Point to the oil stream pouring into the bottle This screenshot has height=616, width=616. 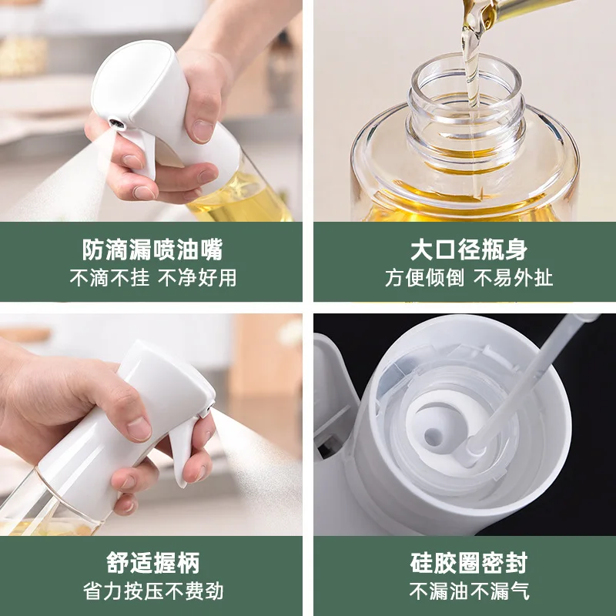point(470,69)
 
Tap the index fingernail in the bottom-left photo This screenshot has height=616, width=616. point(139,428)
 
